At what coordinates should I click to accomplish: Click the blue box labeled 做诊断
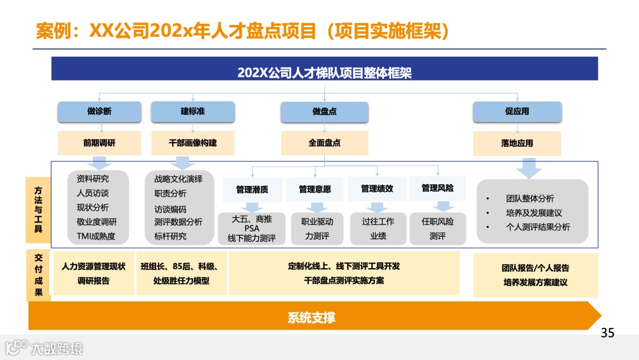tap(99, 111)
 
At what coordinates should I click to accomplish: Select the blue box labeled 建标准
tap(193, 111)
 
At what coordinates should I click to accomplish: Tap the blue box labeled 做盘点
tap(324, 112)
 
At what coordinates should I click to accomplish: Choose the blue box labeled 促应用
tap(517, 111)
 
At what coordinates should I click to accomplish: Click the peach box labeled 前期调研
tap(99, 143)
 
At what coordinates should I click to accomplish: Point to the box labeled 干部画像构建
tap(193, 143)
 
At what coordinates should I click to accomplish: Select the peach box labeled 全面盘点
tap(324, 143)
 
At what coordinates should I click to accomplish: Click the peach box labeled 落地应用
tap(517, 143)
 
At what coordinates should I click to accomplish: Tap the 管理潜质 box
tap(252, 189)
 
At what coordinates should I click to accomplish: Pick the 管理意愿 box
tap(315, 189)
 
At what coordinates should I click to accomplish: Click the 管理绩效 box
tap(377, 188)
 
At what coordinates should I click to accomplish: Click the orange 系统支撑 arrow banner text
tap(312, 318)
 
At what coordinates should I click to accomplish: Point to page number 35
tap(608, 333)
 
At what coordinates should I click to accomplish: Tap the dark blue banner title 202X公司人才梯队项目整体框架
tap(324, 73)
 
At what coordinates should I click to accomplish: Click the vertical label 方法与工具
tap(38, 210)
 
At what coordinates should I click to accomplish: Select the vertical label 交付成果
tap(38, 275)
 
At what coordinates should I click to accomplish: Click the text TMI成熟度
tap(96, 236)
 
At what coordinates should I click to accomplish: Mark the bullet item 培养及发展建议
tap(534, 213)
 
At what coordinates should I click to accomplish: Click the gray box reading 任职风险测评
tap(438, 229)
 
